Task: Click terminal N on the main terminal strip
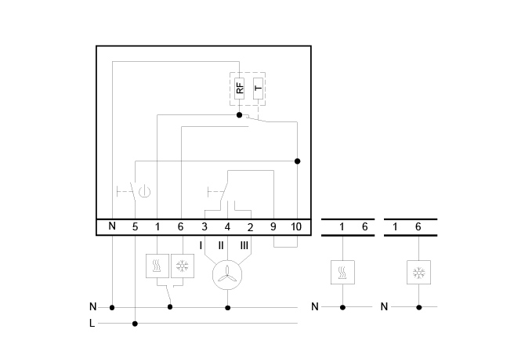(112, 226)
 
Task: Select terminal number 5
(135, 226)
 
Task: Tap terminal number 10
(296, 226)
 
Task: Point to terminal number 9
(273, 226)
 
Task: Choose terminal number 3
(205, 226)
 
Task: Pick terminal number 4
(227, 226)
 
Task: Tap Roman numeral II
(222, 246)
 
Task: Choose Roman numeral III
(244, 246)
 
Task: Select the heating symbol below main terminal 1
(157, 266)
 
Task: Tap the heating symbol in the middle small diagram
(342, 272)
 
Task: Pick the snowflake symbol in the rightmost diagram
(418, 272)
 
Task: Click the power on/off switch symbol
(143, 190)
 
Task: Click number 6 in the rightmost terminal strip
(418, 226)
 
